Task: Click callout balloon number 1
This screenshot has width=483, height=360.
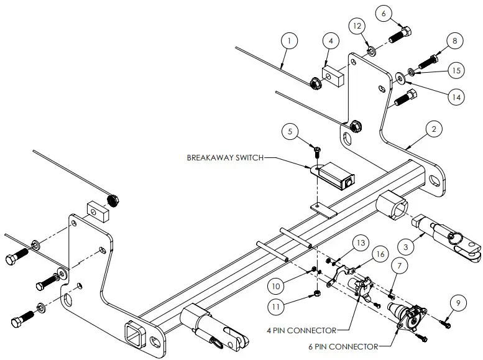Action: click(288, 42)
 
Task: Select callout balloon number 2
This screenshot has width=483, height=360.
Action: click(434, 129)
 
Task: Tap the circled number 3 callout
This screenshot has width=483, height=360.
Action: click(405, 247)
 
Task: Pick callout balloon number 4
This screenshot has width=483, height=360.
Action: click(331, 41)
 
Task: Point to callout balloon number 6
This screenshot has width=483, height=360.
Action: click(384, 13)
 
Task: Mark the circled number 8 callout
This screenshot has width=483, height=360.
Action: click(454, 41)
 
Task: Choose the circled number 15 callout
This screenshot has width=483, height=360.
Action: click(456, 71)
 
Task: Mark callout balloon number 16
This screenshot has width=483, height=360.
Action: click(379, 254)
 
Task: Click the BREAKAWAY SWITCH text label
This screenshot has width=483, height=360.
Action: click(224, 158)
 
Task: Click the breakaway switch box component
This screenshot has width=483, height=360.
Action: click(336, 174)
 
